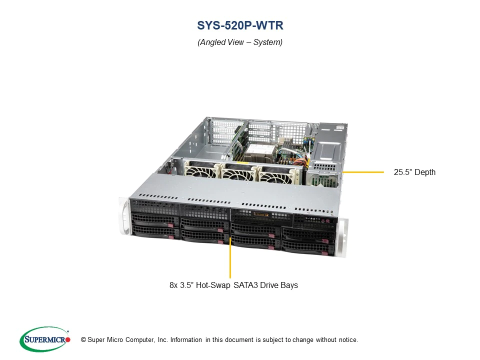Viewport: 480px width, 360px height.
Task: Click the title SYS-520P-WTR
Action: [240, 25]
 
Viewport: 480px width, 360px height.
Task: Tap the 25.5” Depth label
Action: [414, 172]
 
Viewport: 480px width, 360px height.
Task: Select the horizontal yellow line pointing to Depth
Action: [363, 172]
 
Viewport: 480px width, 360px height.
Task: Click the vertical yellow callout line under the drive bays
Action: [230, 257]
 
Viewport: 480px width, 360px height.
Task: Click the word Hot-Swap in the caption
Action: [213, 285]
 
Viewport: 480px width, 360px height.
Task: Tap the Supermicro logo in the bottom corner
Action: [45, 339]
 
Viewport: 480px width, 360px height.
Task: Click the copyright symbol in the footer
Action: [83, 340]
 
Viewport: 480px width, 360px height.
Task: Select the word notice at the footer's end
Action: [348, 340]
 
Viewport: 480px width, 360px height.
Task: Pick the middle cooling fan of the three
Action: [239, 173]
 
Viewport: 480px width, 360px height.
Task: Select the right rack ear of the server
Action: [341, 237]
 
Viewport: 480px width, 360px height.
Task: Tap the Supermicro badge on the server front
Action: [261, 214]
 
